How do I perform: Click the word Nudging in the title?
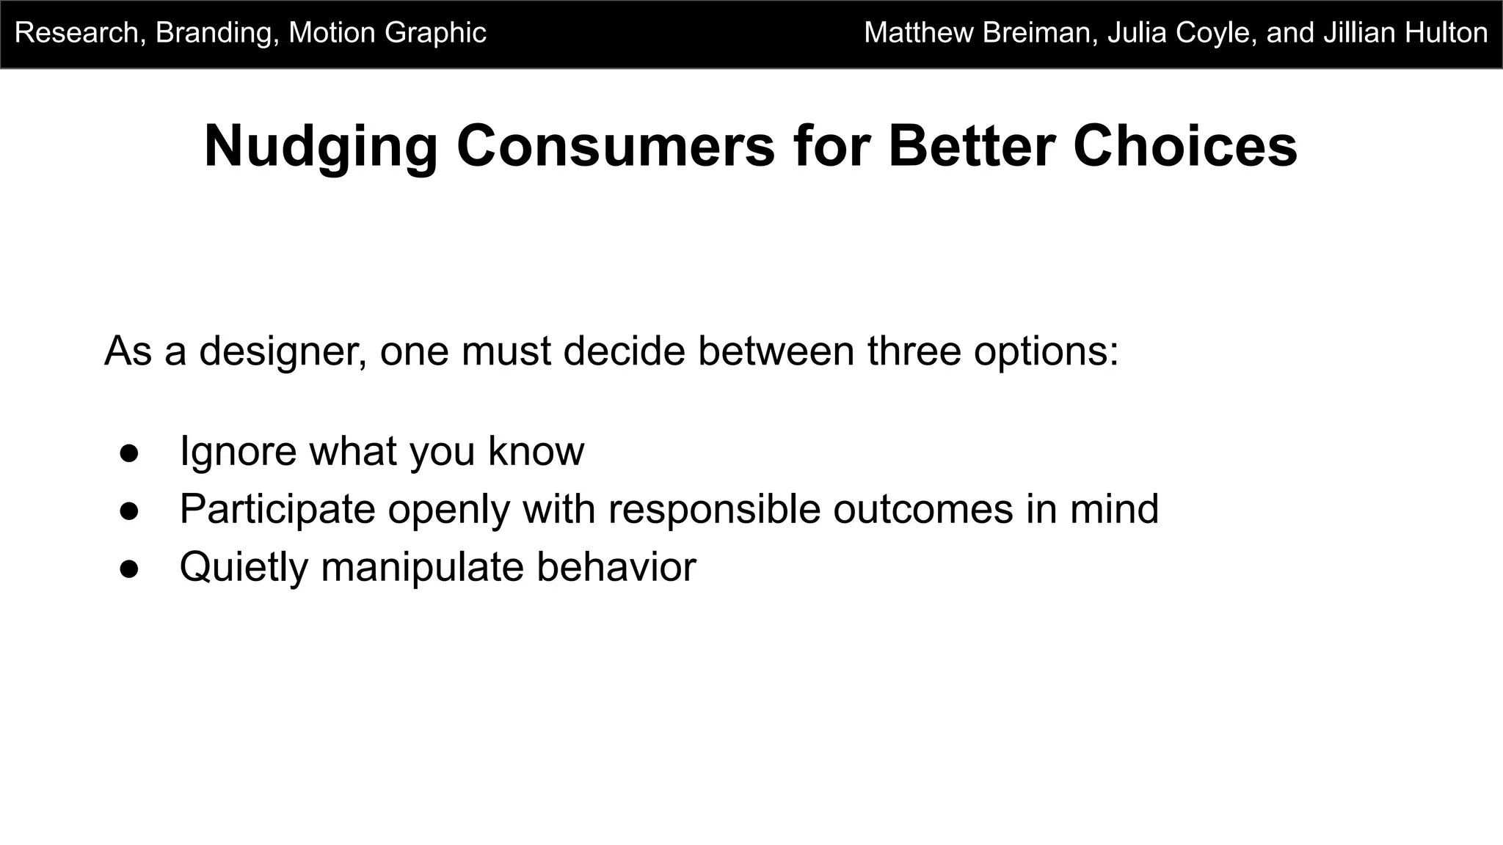[321, 147]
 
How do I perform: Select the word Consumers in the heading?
[616, 147]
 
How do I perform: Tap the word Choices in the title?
[1184, 147]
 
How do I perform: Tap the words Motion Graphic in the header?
[387, 33]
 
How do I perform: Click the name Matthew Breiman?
[980, 33]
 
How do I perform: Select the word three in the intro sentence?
[914, 351]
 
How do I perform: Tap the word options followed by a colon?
[1046, 351]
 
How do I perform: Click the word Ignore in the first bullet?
[238, 451]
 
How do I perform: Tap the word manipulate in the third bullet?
[422, 568]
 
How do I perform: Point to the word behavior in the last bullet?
[616, 568]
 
